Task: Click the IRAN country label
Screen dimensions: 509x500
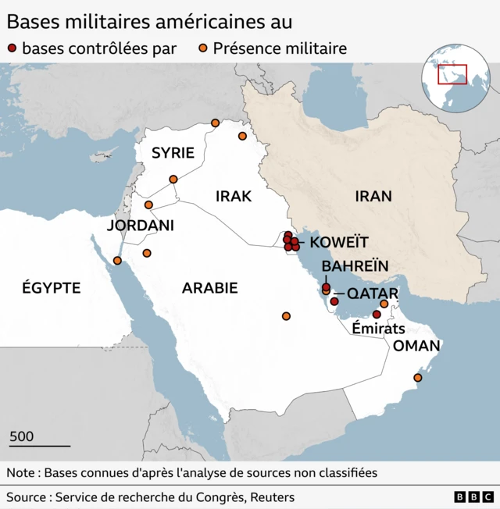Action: pos(373,196)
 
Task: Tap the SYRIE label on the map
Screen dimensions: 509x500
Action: pos(173,153)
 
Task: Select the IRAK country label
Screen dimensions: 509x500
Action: pos(234,196)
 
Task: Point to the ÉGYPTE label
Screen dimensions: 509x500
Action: pos(51,288)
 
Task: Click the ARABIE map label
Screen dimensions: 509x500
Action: pos(209,288)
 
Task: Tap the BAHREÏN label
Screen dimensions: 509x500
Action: pos(355,266)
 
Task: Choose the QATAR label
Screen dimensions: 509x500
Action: pos(373,294)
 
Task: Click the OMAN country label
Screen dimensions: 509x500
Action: pos(416,346)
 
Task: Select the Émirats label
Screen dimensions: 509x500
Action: pos(378,329)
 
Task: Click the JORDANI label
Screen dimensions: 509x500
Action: pos(140,226)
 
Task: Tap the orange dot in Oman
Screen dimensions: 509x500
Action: pos(417,378)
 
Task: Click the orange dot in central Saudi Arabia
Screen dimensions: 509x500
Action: pos(286,316)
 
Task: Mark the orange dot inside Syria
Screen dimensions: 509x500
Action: pos(173,180)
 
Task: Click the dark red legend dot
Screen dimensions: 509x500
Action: pos(12,49)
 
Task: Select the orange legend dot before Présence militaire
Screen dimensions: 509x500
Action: pos(202,49)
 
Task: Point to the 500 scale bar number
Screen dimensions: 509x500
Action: pos(22,436)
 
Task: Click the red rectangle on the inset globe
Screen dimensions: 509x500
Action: pos(452,74)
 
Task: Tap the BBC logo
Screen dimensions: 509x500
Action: pos(474,497)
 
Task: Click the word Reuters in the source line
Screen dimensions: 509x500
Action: pos(273,497)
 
